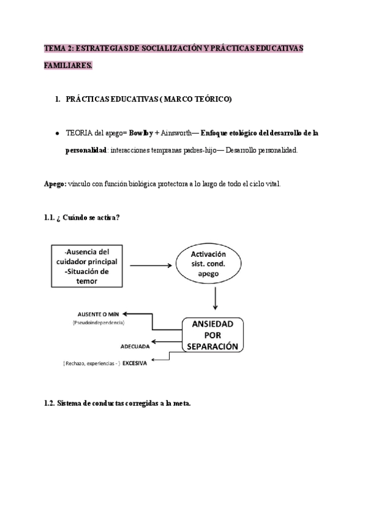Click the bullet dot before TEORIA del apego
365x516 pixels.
[57, 133]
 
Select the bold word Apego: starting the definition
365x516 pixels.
[55, 184]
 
